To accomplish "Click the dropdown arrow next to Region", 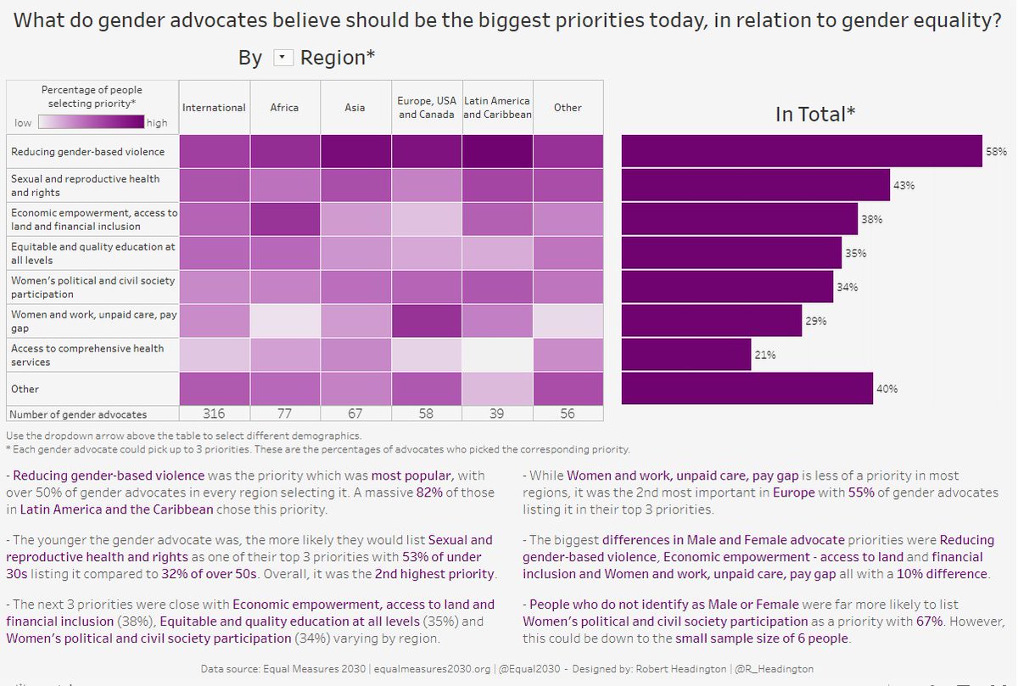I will (x=283, y=58).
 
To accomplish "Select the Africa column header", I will (x=284, y=108).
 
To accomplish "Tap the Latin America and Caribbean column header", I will (x=497, y=108).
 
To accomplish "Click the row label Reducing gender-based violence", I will (x=87, y=152).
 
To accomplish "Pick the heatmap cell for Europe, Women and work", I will (x=427, y=321).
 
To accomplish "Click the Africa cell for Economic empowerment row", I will (x=284, y=219).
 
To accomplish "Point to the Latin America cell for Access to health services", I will (x=497, y=355).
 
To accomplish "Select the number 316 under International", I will (x=214, y=413).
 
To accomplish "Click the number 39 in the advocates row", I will (x=497, y=413).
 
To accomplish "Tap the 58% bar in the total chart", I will (x=801, y=151).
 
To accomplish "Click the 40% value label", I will (x=887, y=390).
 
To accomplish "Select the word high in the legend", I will (x=157, y=123).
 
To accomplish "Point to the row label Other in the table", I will (x=25, y=389).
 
